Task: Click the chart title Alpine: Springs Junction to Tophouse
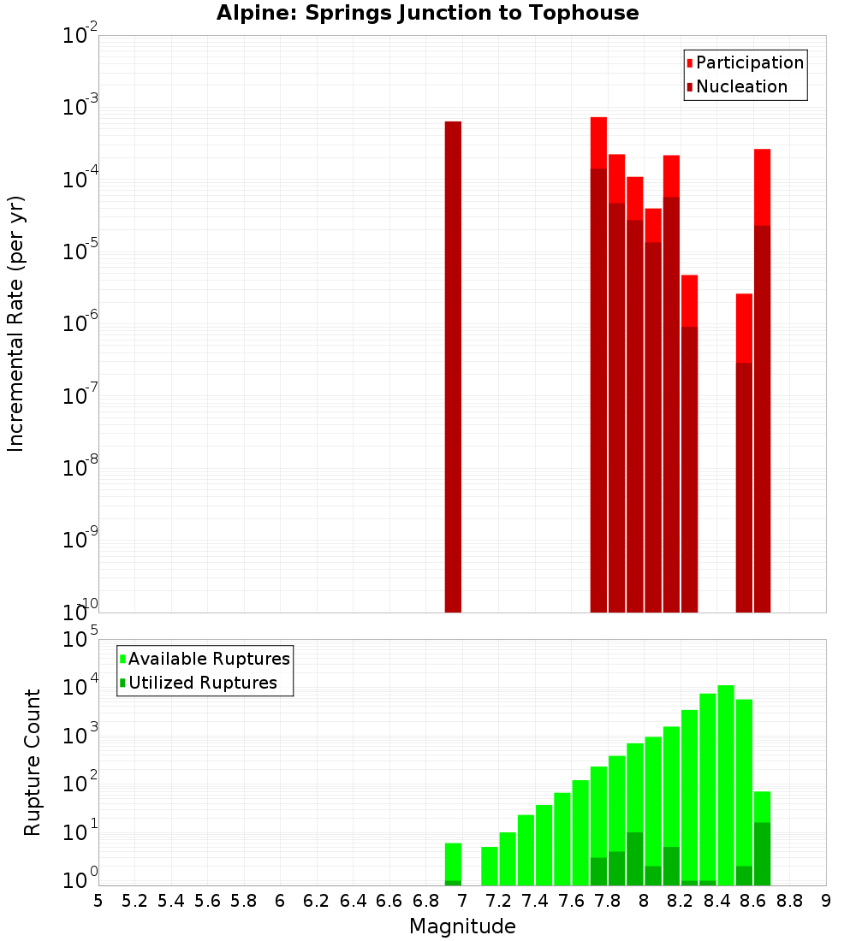pyautogui.click(x=427, y=13)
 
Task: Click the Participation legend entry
pyautogui.click(x=749, y=62)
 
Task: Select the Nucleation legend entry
pyautogui.click(x=741, y=86)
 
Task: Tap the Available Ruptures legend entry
pyautogui.click(x=208, y=659)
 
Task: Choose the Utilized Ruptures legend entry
pyautogui.click(x=202, y=683)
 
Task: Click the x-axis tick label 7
pyautogui.click(x=462, y=901)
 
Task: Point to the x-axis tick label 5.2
pyautogui.click(x=134, y=901)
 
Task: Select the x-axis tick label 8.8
pyautogui.click(x=789, y=901)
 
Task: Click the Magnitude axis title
pyautogui.click(x=462, y=926)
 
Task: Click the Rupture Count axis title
pyautogui.click(x=33, y=761)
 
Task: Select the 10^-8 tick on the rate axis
pyautogui.click(x=80, y=468)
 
